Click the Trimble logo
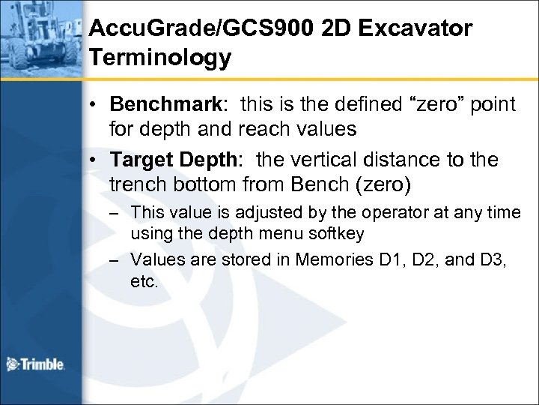(x=35, y=364)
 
